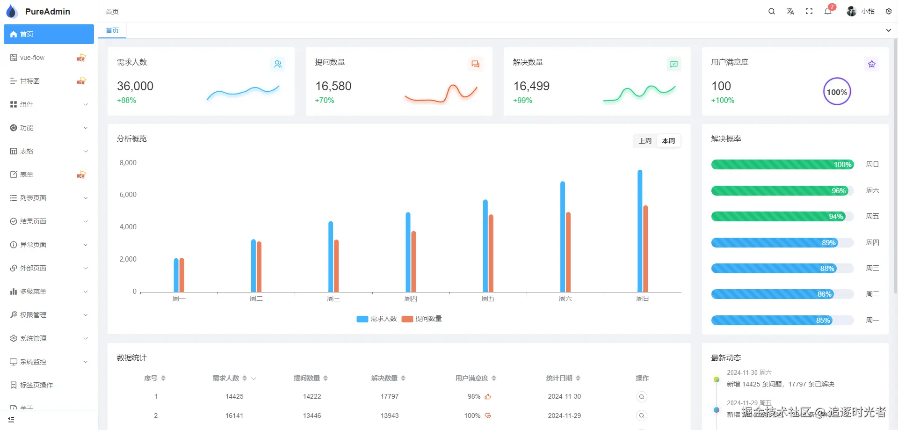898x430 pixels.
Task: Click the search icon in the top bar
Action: (x=772, y=11)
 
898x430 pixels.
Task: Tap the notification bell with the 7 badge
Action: (x=828, y=11)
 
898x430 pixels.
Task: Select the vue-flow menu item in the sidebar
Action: (x=33, y=58)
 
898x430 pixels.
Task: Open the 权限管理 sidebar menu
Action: (x=34, y=315)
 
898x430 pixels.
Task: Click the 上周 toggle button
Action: (x=645, y=141)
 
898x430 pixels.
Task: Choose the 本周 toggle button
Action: (x=669, y=141)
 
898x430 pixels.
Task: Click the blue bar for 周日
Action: (x=640, y=231)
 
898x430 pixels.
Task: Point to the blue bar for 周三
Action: (x=331, y=257)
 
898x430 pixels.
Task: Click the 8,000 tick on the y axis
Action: (x=128, y=163)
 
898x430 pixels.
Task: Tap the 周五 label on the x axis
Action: (x=488, y=299)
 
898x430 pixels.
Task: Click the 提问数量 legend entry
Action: (x=422, y=319)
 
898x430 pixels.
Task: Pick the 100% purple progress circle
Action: (x=837, y=92)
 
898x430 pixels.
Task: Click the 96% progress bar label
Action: (x=838, y=190)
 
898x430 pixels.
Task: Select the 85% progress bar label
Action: (x=823, y=321)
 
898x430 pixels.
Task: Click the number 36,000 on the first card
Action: (x=135, y=86)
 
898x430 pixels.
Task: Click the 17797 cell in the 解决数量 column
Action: (x=390, y=396)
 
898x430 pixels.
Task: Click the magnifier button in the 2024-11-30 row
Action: (x=642, y=397)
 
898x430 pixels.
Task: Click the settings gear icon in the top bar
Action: (x=889, y=11)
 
